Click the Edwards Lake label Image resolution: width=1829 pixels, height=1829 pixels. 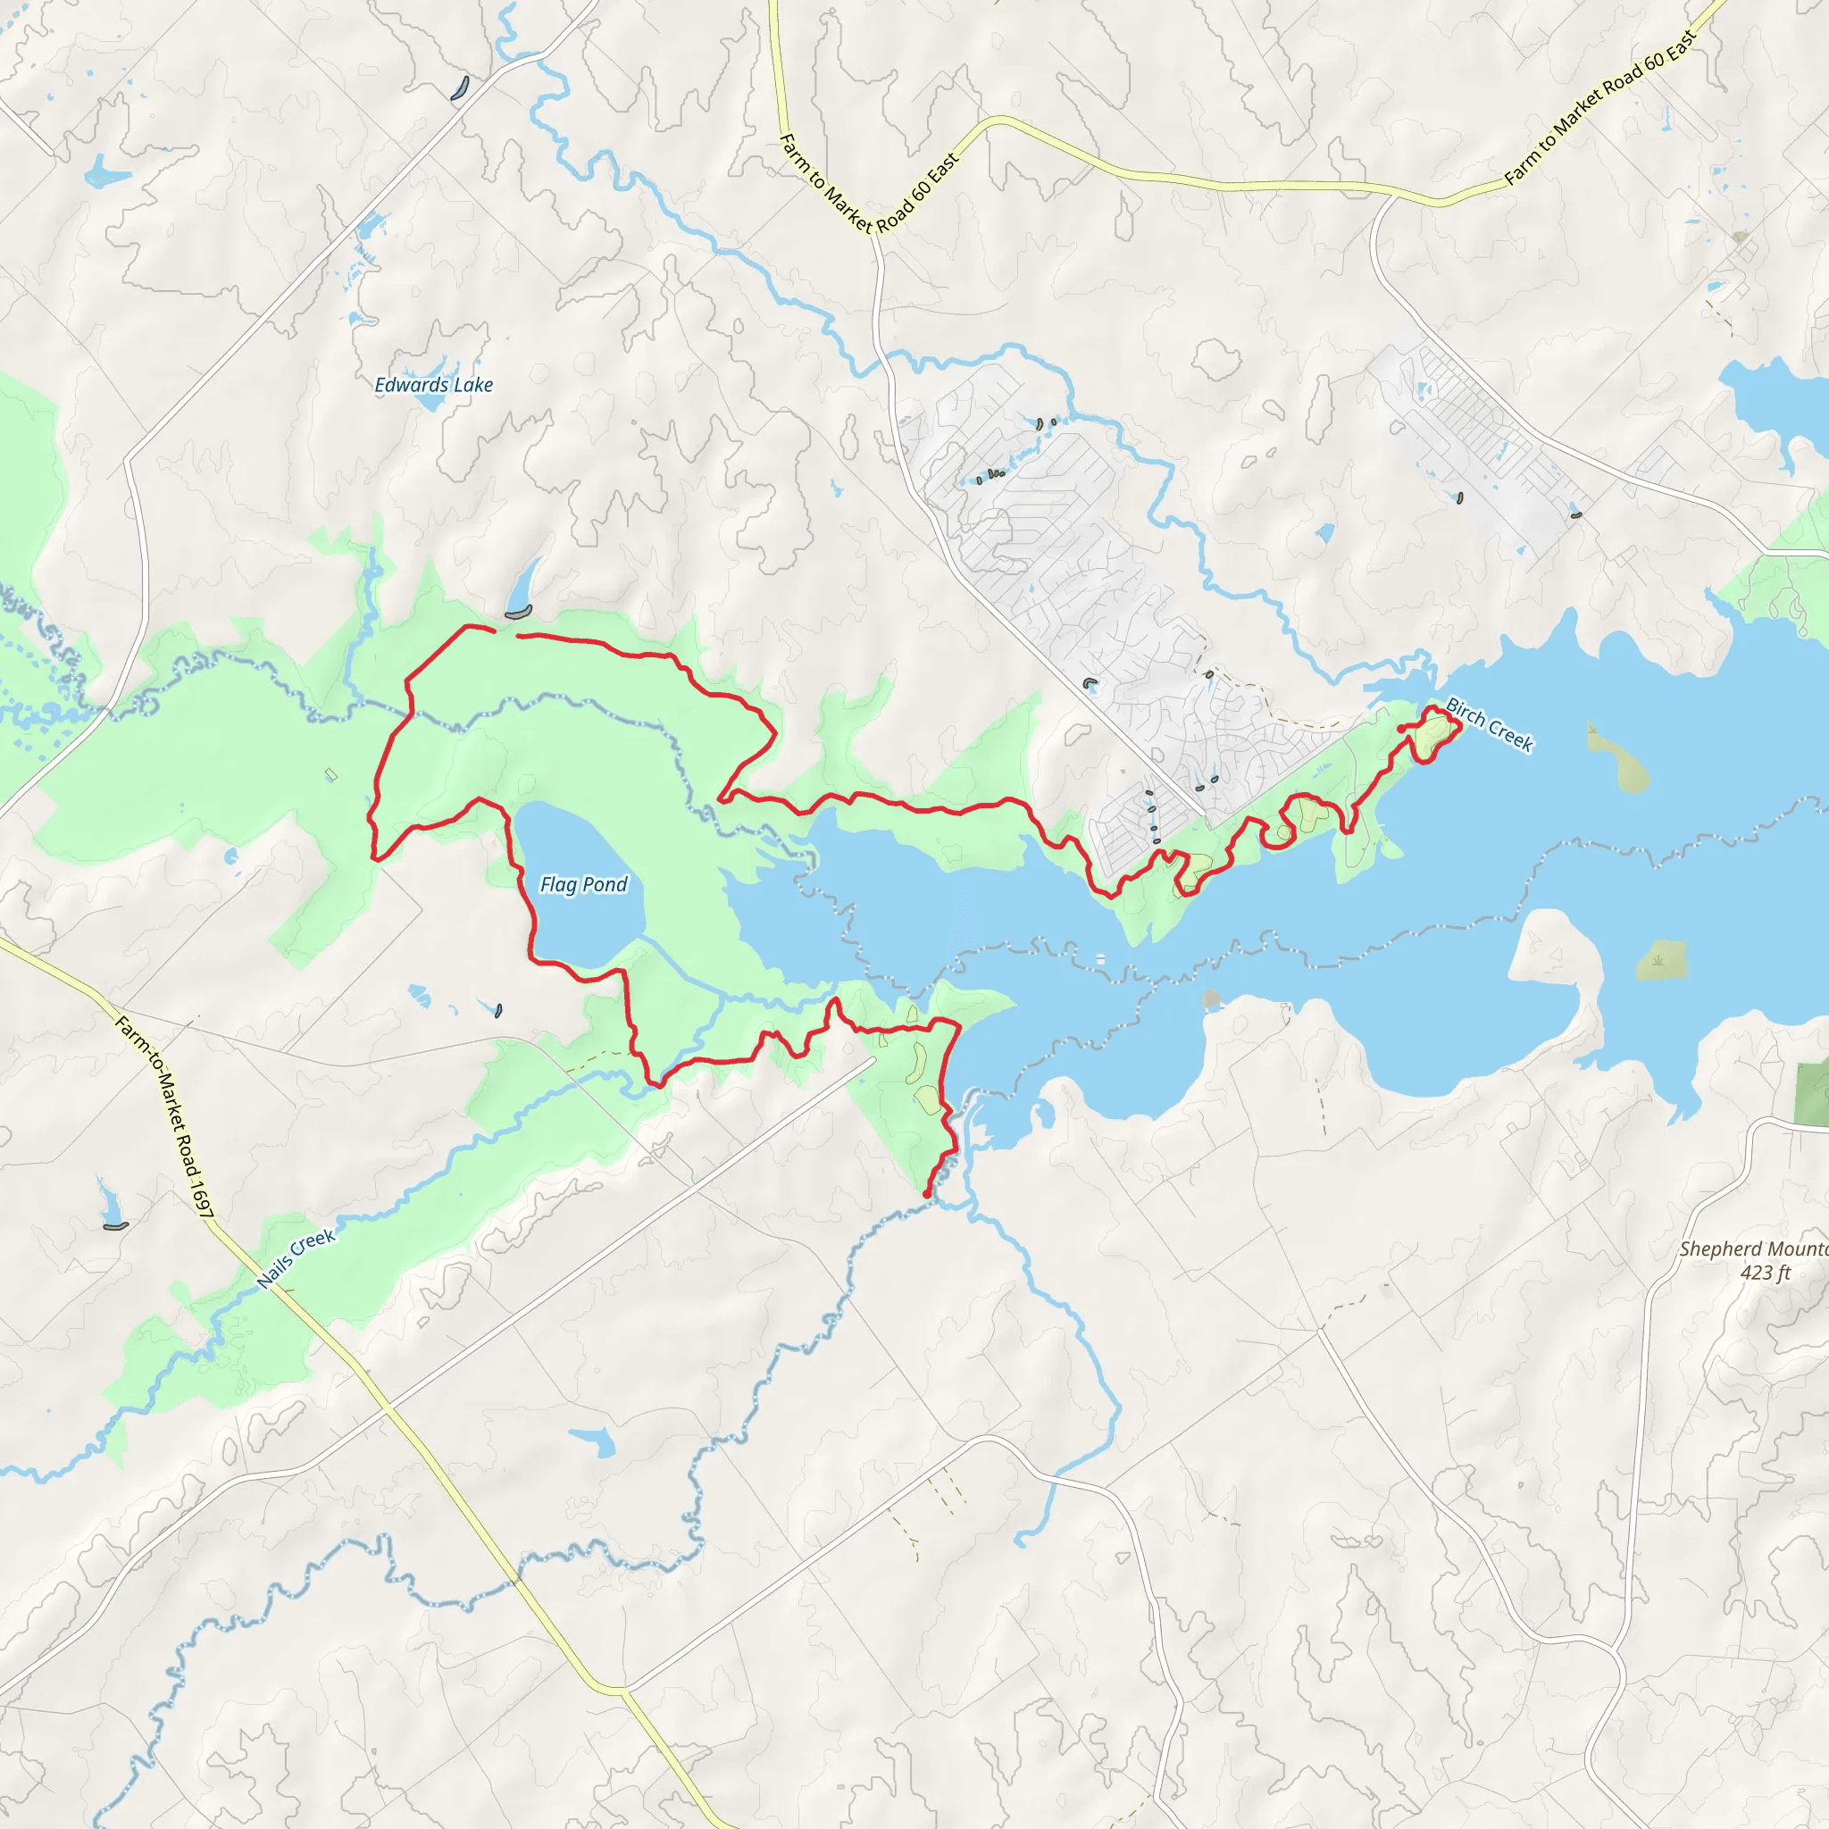(433, 384)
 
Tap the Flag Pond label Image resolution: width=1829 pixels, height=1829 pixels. (583, 884)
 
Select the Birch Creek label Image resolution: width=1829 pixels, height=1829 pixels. (1489, 724)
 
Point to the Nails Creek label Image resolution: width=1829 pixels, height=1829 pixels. (296, 1258)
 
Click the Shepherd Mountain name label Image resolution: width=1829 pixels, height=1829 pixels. (1753, 1249)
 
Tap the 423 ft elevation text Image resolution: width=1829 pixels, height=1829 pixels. (1766, 1273)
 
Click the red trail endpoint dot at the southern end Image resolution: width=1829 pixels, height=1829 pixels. (926, 1195)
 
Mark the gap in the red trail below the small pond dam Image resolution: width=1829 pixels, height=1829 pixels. (506, 632)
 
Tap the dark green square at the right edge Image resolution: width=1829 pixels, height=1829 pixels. (1812, 1094)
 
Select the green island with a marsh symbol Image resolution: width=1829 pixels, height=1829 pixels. (1660, 960)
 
